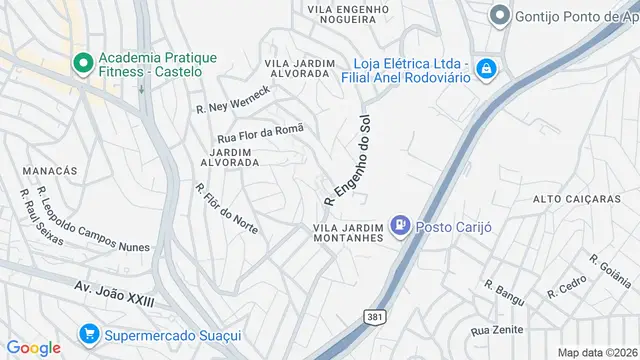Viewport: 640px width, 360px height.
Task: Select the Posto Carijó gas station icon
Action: pyautogui.click(x=401, y=226)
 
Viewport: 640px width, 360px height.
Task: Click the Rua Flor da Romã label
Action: pyautogui.click(x=259, y=133)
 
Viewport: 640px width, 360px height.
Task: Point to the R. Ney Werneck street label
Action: pyautogui.click(x=233, y=100)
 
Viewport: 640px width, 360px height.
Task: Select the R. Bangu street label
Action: pyautogui.click(x=504, y=290)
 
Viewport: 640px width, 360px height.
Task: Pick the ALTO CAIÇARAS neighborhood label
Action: pyautogui.click(x=577, y=199)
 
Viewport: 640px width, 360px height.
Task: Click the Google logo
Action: pyautogui.click(x=34, y=347)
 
